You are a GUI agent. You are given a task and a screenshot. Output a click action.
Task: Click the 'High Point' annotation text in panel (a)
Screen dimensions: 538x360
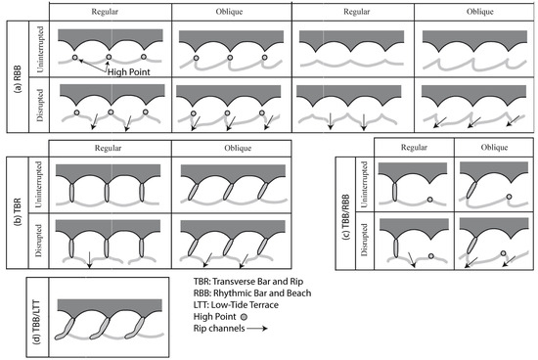tap(129, 72)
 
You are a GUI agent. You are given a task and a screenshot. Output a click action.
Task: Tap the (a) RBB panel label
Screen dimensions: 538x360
tap(18, 79)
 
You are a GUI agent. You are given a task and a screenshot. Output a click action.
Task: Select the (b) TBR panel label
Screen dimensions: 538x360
tap(18, 211)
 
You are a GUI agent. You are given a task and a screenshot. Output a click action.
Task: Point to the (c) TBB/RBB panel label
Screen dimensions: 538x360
tap(345, 216)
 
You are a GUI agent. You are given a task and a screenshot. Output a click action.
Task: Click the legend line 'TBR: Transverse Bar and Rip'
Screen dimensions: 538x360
tap(248, 282)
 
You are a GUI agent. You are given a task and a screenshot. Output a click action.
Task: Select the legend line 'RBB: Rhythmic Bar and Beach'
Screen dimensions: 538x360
tap(252, 293)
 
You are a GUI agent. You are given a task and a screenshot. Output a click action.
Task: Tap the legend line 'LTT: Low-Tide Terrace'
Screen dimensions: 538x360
tap(236, 305)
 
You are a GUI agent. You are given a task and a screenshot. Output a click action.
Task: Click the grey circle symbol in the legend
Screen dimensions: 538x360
tap(244, 317)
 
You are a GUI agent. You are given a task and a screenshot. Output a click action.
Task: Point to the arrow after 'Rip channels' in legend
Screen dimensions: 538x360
tap(257, 329)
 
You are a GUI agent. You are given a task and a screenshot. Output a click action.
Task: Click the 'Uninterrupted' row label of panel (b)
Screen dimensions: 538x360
tap(39, 185)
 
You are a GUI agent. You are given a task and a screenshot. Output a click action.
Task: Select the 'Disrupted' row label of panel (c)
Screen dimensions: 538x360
tap(364, 240)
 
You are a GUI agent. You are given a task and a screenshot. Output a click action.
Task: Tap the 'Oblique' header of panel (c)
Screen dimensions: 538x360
tap(494, 148)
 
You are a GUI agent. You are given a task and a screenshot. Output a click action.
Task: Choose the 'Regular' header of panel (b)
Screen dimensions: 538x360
tap(108, 149)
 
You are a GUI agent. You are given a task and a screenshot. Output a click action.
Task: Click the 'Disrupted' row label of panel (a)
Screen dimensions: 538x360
tap(40, 106)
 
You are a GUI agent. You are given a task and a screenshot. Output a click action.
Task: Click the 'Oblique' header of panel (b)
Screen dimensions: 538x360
tap(238, 149)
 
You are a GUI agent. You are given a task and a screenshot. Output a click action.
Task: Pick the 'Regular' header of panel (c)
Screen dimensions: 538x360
tap(414, 148)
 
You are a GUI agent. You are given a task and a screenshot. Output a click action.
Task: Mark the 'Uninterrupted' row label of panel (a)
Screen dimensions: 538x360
tap(40, 50)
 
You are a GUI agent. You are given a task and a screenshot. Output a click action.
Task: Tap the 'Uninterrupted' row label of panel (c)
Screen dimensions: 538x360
tap(364, 185)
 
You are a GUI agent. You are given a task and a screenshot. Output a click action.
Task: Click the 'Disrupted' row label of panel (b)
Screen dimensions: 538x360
tap(39, 241)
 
